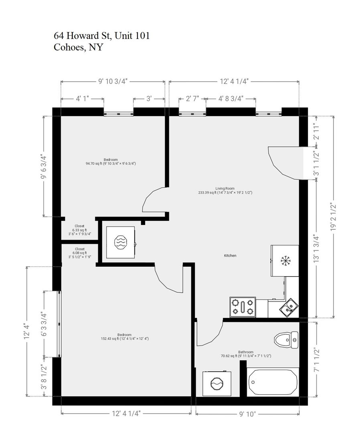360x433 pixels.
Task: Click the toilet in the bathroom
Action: pos(286,340)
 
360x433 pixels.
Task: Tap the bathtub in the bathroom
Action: pos(273,382)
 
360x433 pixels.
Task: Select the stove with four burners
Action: pos(243,307)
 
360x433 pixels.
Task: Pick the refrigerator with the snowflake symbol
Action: pos(285,261)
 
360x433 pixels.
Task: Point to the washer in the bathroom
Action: pos(217,384)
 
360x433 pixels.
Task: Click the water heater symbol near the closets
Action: pos(121,242)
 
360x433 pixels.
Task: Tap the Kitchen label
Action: pos(230,256)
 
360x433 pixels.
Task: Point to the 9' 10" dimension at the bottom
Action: pos(247,414)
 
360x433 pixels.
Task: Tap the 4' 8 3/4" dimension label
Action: pos(231,99)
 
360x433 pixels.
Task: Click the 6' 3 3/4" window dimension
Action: pos(44,324)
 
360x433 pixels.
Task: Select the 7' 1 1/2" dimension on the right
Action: pos(316,360)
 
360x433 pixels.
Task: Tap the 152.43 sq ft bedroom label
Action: pos(125,337)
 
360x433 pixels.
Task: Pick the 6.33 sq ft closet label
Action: pos(79,230)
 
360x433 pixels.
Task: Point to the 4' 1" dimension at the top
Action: pos(83,99)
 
